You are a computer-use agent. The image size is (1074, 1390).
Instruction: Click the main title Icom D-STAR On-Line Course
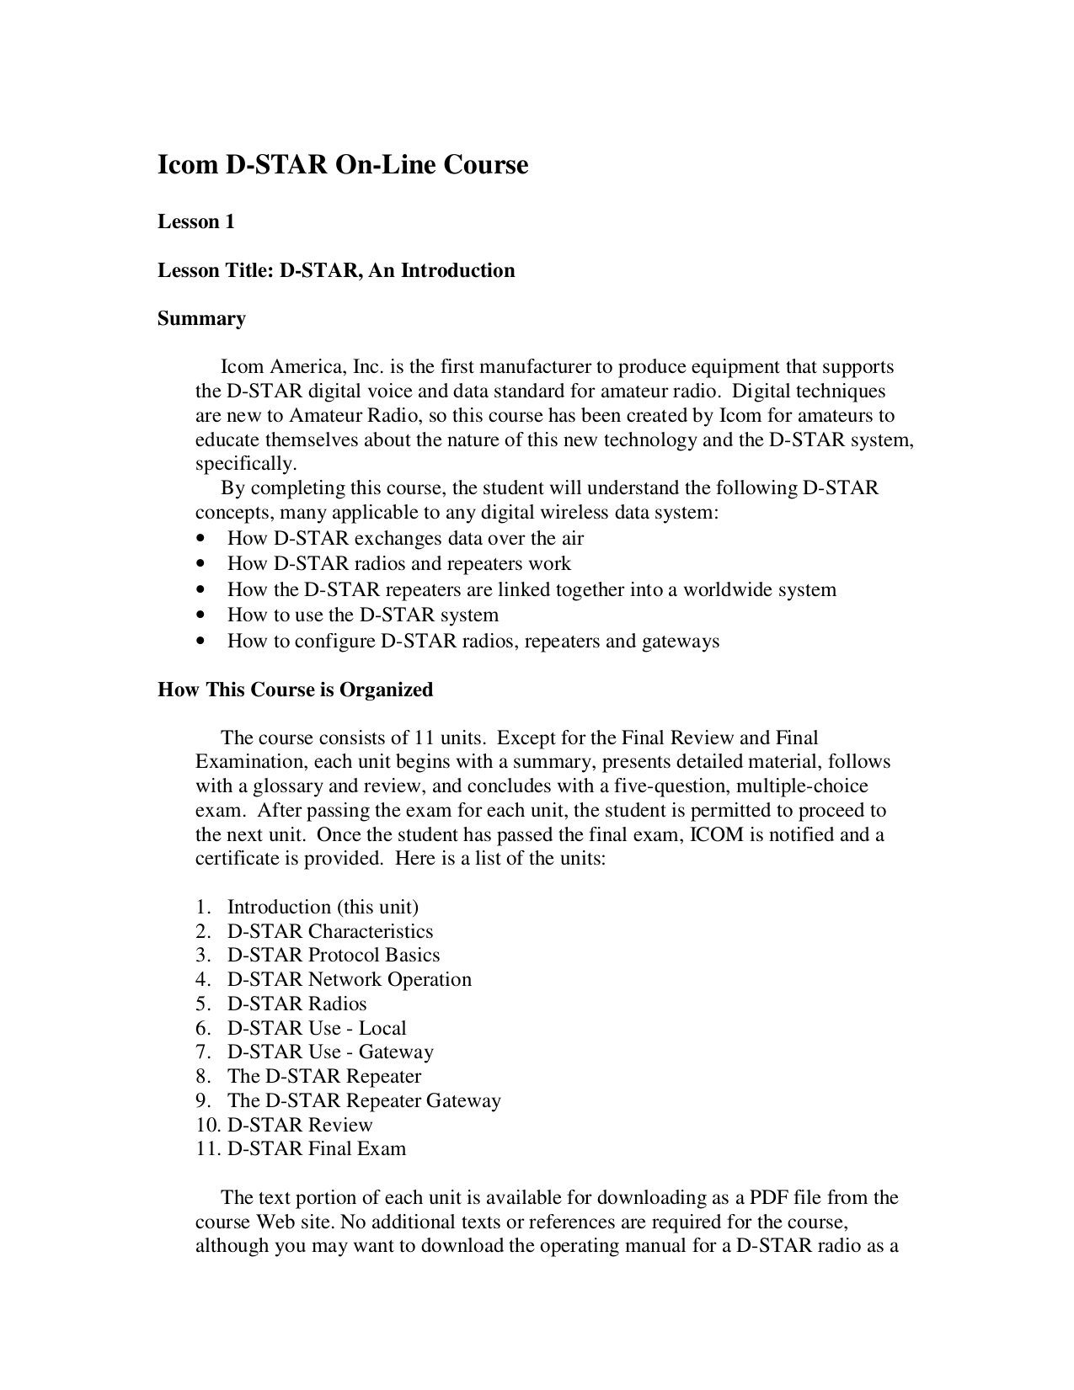[x=343, y=164]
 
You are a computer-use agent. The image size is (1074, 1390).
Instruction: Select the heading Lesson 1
[x=196, y=222]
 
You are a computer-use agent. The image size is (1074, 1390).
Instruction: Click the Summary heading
[x=201, y=318]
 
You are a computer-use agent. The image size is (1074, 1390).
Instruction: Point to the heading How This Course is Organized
[x=295, y=690]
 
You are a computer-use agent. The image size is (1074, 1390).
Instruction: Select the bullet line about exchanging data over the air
[x=405, y=539]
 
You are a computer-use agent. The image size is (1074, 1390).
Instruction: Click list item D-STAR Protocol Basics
[x=333, y=955]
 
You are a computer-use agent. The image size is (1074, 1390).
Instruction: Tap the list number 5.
[x=202, y=1004]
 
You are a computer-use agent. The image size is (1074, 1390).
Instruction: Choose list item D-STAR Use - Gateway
[x=330, y=1052]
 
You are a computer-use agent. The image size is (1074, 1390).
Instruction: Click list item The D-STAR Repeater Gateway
[x=364, y=1100]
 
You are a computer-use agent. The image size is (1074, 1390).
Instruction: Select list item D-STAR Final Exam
[x=317, y=1148]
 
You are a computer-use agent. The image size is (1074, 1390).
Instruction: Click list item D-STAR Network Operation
[x=349, y=979]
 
